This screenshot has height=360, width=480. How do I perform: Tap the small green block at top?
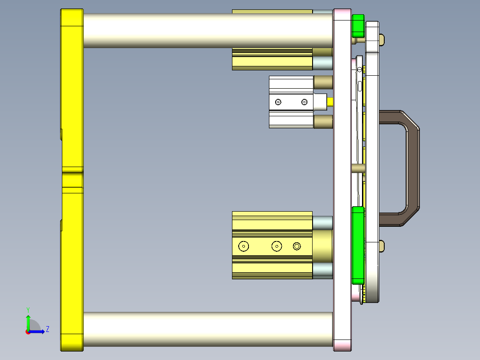[x=358, y=26]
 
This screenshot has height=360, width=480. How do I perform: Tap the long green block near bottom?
[x=358, y=245]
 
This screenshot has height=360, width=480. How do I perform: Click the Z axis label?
[x=47, y=329]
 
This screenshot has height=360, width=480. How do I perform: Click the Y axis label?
[x=28, y=309]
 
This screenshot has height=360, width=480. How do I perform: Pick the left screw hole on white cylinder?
[x=278, y=102]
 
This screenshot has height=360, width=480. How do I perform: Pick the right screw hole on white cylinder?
[x=304, y=102]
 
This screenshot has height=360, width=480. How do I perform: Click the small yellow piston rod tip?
[x=330, y=102]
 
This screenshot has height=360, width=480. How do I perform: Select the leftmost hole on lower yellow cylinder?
[x=244, y=246]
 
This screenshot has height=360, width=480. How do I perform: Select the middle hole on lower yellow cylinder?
[x=277, y=246]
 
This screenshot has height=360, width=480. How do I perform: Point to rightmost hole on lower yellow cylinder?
[x=297, y=246]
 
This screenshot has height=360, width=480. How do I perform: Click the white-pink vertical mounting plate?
[x=342, y=178]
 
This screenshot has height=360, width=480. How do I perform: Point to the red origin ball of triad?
[x=28, y=332]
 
